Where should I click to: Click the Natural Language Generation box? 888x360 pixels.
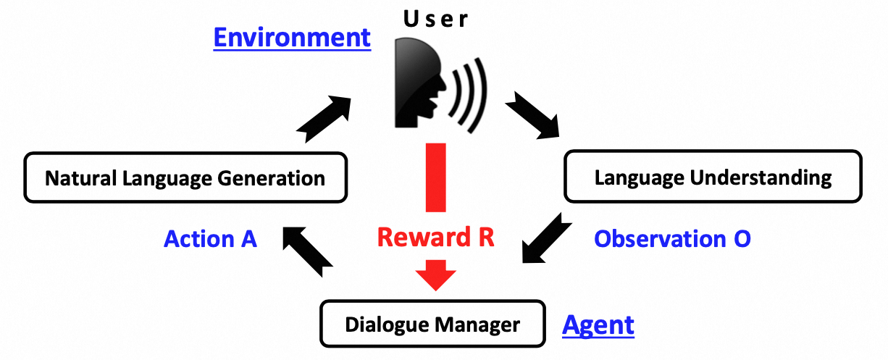[185, 177]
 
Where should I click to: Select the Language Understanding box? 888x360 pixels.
[713, 176]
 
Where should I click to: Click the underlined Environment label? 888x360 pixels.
[292, 38]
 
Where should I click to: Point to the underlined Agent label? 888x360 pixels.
[598, 325]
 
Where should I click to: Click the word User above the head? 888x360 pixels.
[436, 20]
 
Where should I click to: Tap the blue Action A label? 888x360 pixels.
[211, 239]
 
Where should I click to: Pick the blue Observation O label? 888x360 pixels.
[672, 239]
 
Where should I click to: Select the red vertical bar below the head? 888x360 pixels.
[435, 177]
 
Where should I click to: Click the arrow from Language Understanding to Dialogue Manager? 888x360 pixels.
[543, 237]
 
